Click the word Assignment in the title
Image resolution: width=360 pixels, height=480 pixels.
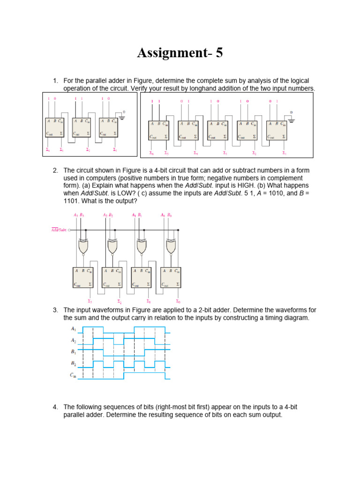coord(171,53)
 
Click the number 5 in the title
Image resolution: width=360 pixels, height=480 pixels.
coord(218,53)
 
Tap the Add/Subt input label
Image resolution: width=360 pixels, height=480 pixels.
coord(59,230)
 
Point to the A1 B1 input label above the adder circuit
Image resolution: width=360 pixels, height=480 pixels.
coord(137,215)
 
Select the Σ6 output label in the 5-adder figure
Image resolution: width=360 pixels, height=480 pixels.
coord(151,153)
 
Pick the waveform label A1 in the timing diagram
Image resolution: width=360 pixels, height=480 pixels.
coord(73,330)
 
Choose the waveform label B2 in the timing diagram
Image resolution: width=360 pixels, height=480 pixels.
coord(73,363)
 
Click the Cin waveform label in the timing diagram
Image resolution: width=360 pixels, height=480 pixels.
coord(73,375)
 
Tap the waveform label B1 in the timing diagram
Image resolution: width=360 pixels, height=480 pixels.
coord(73,352)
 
